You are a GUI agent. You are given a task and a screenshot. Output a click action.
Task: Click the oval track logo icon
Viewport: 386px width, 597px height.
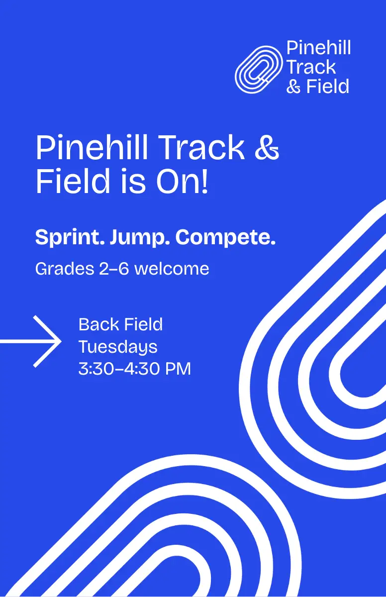[x=258, y=69]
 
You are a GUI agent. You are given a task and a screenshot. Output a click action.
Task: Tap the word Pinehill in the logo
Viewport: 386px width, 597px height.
[x=319, y=48]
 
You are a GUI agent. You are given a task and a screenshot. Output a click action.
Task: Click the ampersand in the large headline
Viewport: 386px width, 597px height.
[x=267, y=147]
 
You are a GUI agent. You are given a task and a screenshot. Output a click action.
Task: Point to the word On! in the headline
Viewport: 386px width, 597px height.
[x=182, y=181]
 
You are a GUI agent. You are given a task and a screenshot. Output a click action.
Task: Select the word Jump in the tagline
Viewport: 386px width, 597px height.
[x=140, y=237]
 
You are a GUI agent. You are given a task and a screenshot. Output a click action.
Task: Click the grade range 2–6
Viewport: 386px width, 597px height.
[x=114, y=269]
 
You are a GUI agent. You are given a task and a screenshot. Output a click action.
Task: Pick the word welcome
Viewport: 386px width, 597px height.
[x=172, y=269]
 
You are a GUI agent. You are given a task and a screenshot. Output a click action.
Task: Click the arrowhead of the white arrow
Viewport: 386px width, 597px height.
[x=47, y=341]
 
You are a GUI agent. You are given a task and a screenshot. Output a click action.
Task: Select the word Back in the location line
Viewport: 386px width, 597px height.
[x=98, y=324]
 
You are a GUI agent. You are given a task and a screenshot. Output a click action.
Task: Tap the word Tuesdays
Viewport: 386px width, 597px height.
[x=118, y=347]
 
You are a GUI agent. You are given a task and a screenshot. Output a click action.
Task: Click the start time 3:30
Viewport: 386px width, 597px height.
[x=96, y=369]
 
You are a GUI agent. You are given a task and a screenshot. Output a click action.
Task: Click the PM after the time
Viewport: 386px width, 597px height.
[x=178, y=369]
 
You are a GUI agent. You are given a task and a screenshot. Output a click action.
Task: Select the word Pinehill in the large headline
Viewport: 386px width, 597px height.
[x=92, y=147]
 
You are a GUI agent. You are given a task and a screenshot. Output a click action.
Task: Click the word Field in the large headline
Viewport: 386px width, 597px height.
[x=73, y=181]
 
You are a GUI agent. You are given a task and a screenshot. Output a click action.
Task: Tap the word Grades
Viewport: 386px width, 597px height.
[x=65, y=269]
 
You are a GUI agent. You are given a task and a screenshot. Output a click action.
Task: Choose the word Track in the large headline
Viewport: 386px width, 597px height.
[x=202, y=147]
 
